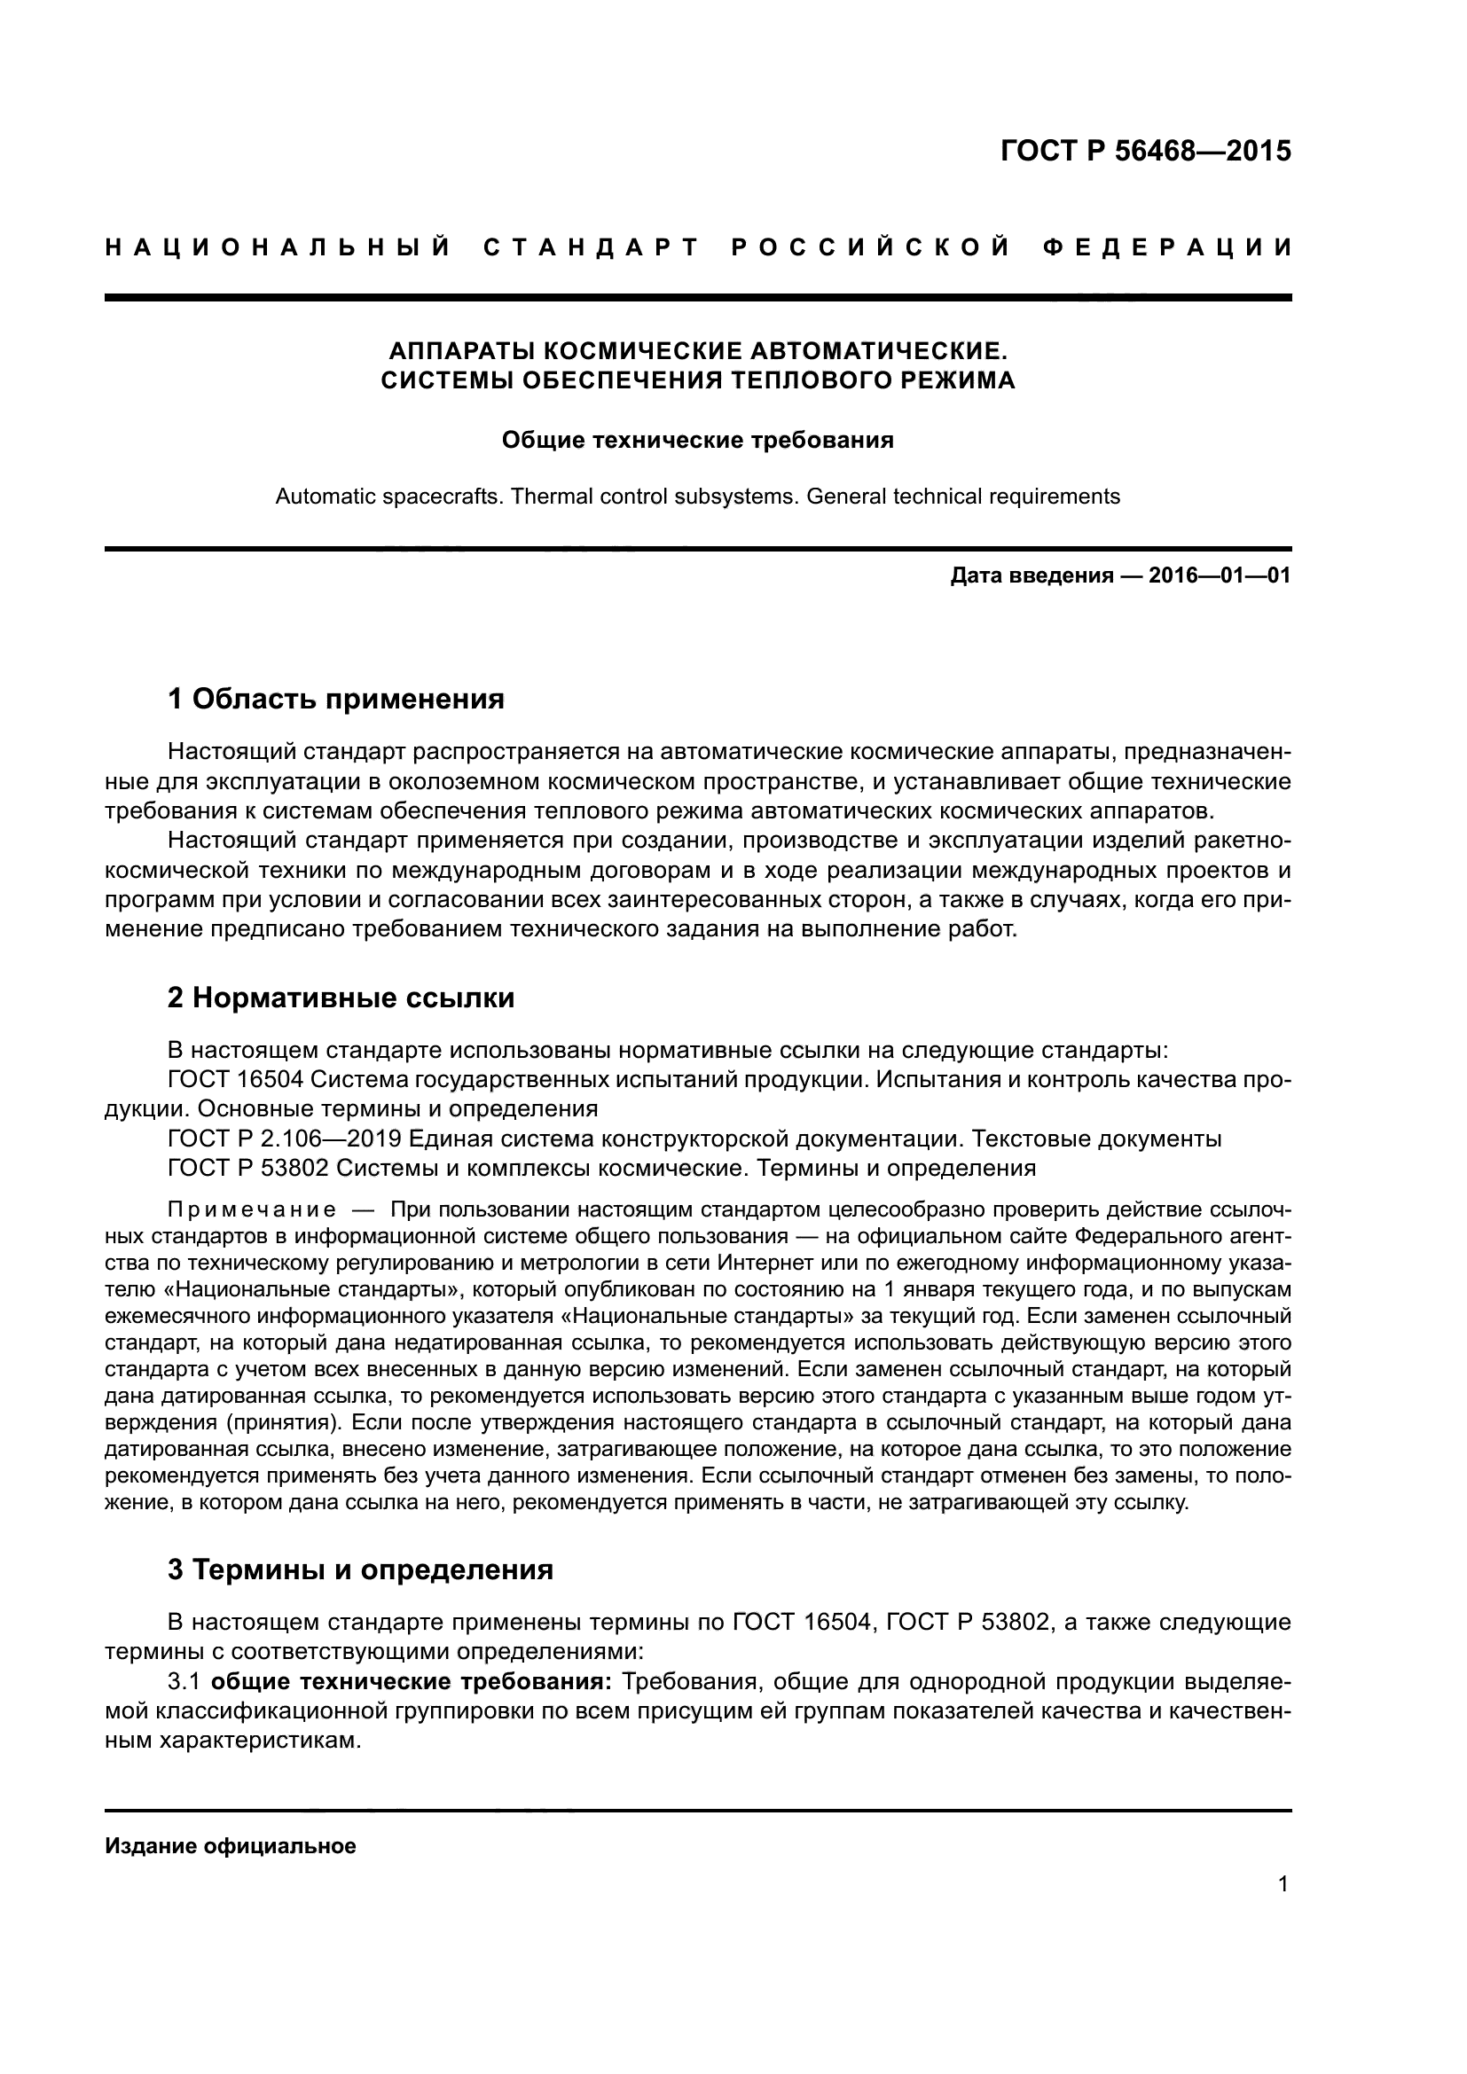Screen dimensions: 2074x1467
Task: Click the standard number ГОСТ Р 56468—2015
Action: coord(1145,151)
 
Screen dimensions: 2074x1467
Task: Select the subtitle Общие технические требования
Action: coord(697,440)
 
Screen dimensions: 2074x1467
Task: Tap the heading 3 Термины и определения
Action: coord(360,1569)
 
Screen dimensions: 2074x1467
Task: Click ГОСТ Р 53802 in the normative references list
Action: coord(248,1167)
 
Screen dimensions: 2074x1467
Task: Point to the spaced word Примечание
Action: coord(252,1209)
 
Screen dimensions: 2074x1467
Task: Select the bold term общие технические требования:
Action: coord(414,1681)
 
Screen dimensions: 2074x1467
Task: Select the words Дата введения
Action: coord(1031,575)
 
